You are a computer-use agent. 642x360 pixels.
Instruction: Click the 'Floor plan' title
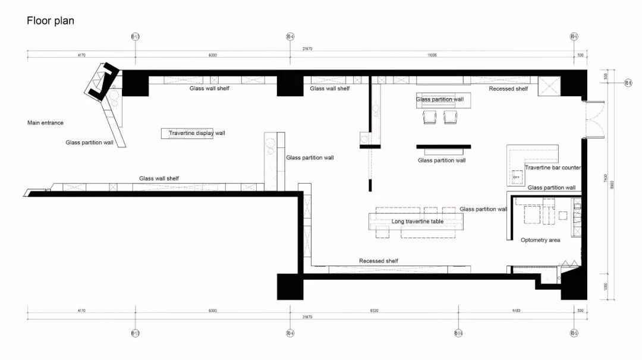(51, 21)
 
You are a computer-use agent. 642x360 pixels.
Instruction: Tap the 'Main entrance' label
(45, 123)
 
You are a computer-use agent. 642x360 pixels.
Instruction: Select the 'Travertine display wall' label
(197, 133)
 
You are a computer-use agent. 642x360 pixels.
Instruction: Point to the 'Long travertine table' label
(417, 222)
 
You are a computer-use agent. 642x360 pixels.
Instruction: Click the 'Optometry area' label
(540, 240)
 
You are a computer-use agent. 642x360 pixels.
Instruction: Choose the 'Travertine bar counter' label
(552, 168)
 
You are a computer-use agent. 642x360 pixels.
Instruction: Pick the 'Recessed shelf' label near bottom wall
(379, 261)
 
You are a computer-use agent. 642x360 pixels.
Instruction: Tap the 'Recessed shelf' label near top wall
(508, 89)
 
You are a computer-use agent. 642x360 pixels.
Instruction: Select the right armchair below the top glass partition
(451, 117)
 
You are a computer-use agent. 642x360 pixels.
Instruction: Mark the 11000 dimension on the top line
(432, 55)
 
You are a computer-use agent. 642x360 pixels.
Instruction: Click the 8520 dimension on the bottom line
(374, 310)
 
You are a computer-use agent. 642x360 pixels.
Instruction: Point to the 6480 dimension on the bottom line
(515, 310)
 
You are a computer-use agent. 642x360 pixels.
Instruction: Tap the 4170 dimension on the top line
(81, 55)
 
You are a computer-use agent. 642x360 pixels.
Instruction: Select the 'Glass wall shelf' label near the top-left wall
(209, 89)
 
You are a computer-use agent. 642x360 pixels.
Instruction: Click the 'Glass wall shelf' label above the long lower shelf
(159, 178)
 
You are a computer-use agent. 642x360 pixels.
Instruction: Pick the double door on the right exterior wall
(594, 119)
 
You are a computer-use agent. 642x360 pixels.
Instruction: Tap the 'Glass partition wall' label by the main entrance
(89, 143)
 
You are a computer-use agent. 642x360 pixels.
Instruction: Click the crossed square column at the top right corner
(549, 86)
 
